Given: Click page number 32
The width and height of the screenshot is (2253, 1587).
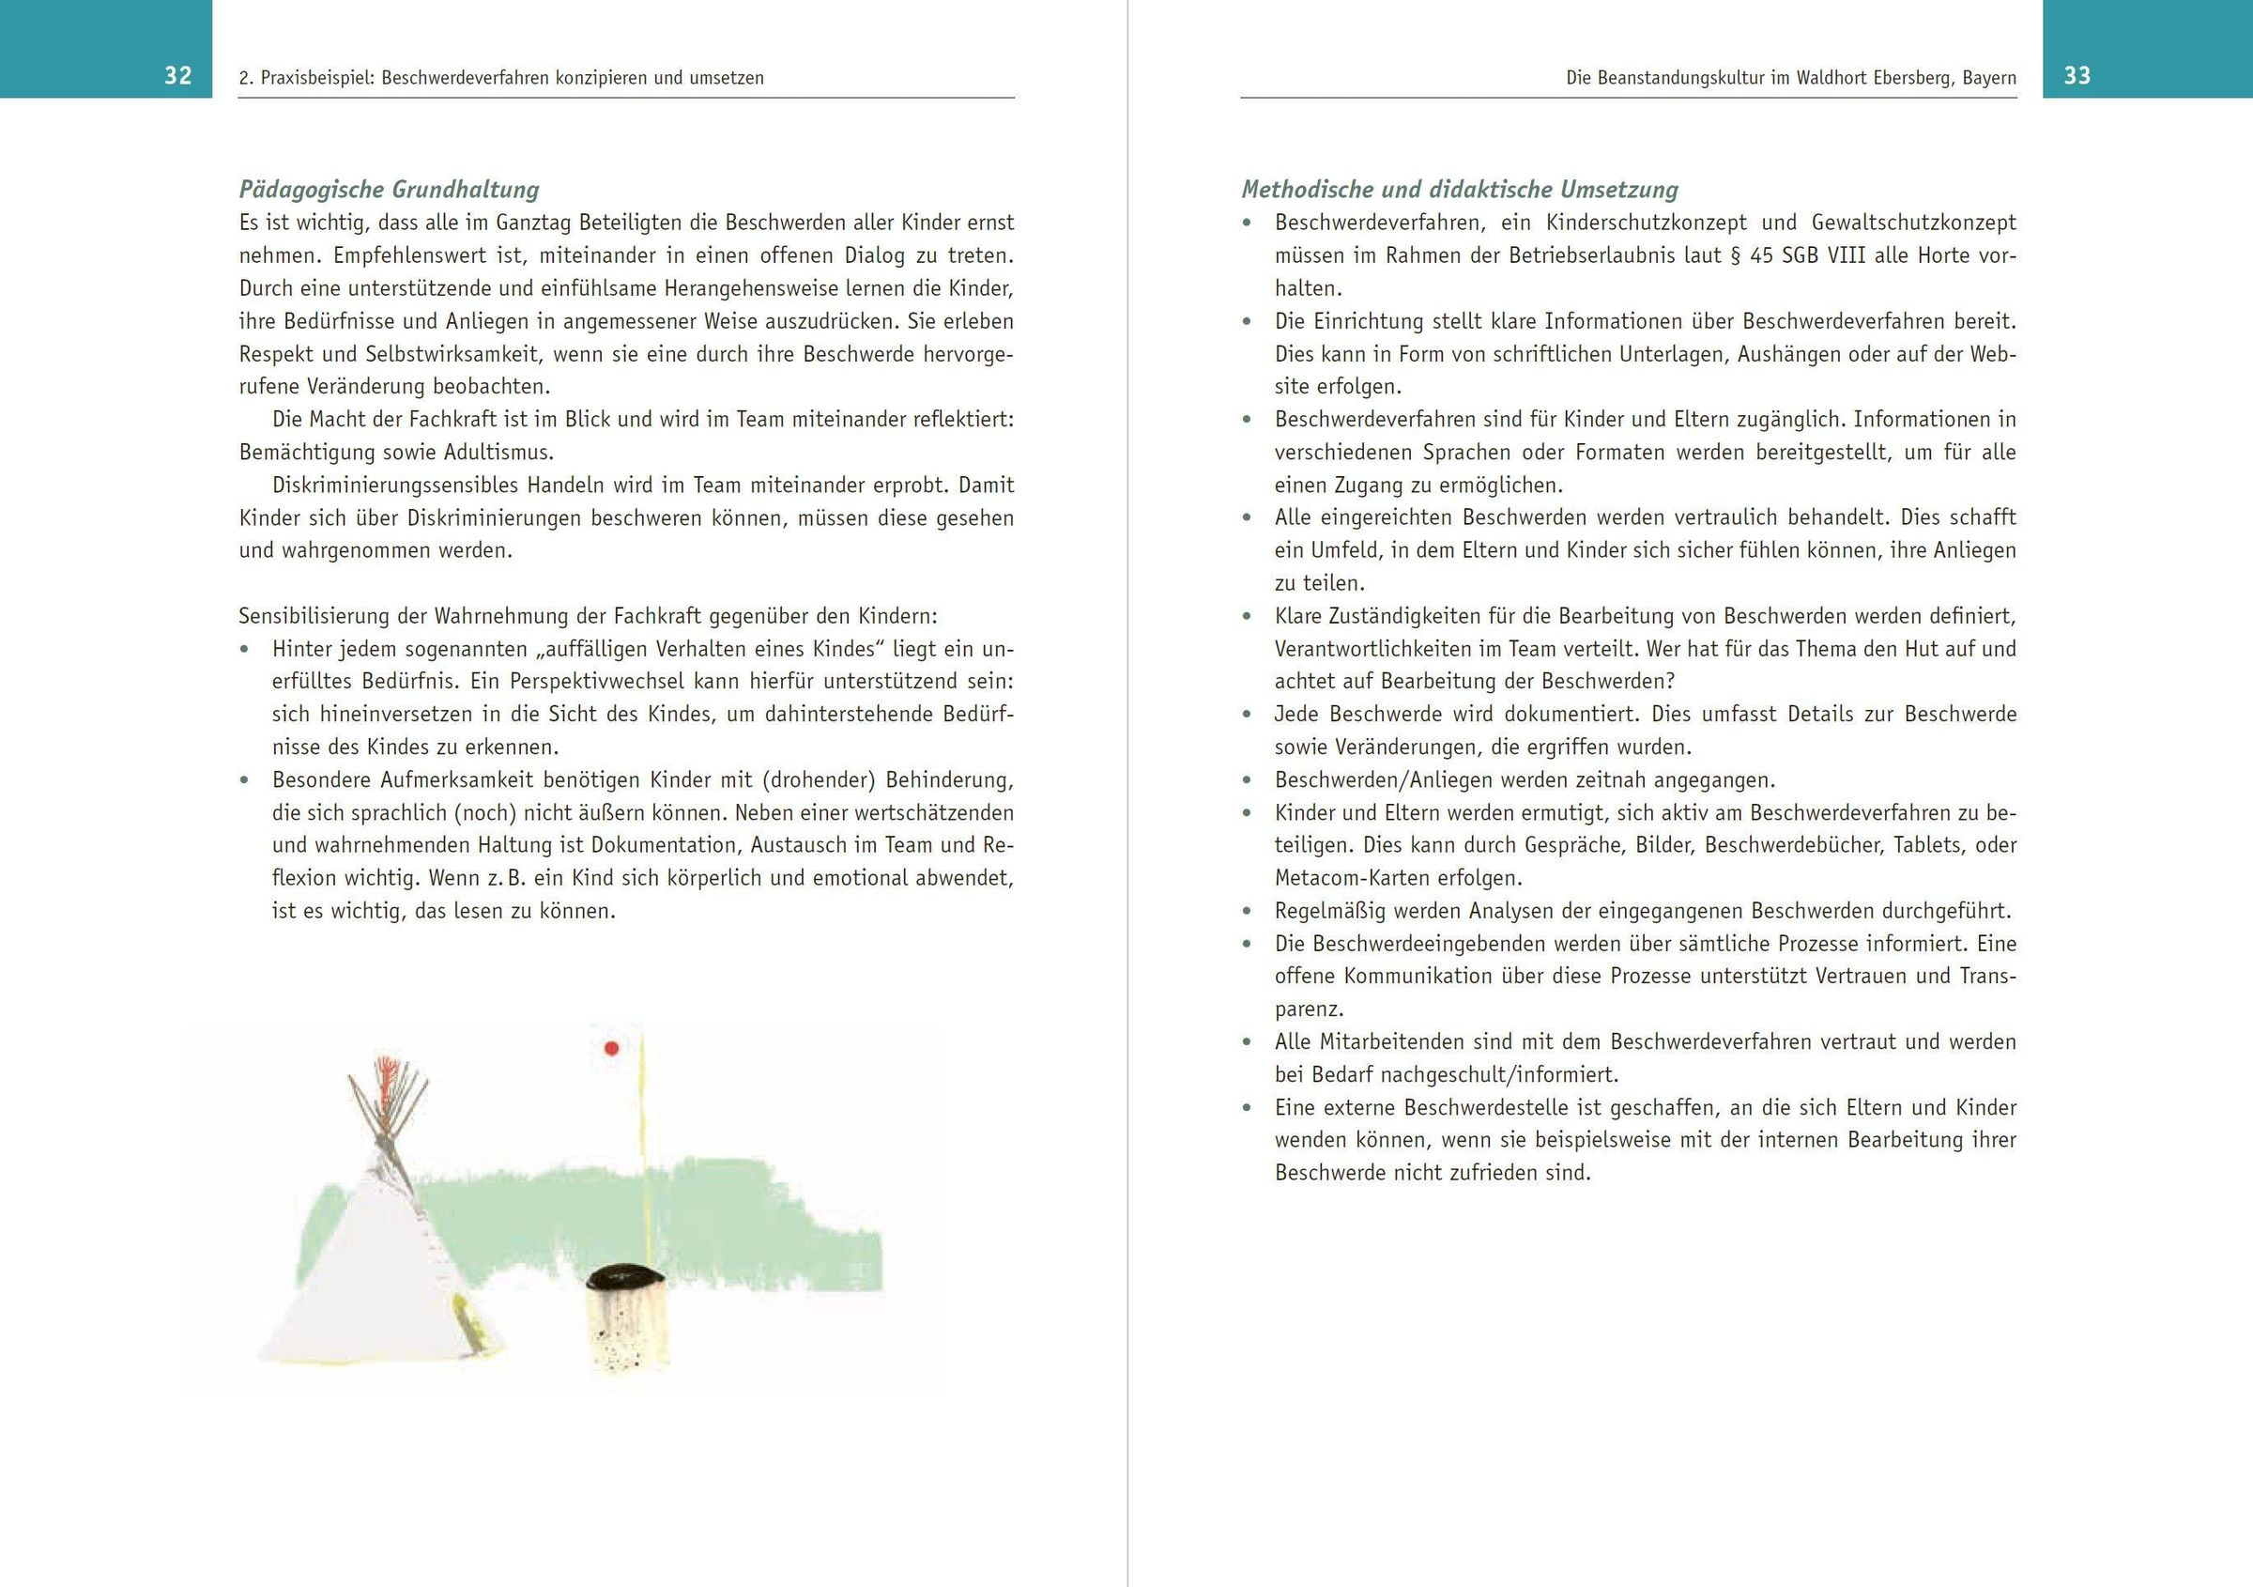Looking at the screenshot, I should (177, 75).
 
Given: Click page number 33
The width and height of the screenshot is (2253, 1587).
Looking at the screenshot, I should (2077, 75).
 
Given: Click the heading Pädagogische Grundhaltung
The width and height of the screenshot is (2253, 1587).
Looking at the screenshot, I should (389, 190).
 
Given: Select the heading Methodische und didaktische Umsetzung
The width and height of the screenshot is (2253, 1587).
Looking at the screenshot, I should (1459, 190).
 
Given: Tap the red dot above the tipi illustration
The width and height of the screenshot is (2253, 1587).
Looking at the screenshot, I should (611, 1048).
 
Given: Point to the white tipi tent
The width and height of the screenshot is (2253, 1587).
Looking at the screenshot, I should (373, 1276).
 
